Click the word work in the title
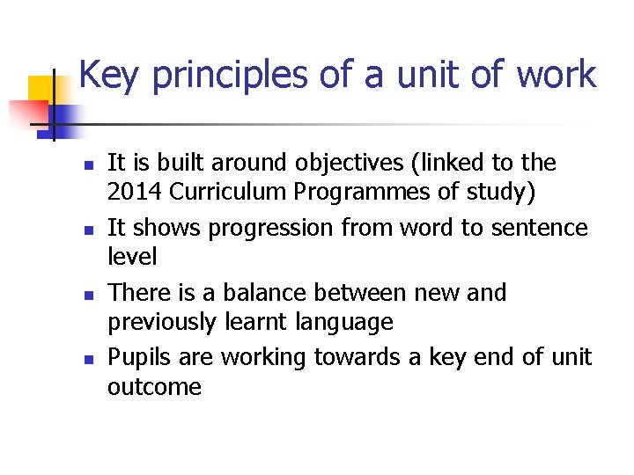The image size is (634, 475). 557,76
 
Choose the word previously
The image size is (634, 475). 161,322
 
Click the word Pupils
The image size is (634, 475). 136,358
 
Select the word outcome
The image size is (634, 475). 154,387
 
